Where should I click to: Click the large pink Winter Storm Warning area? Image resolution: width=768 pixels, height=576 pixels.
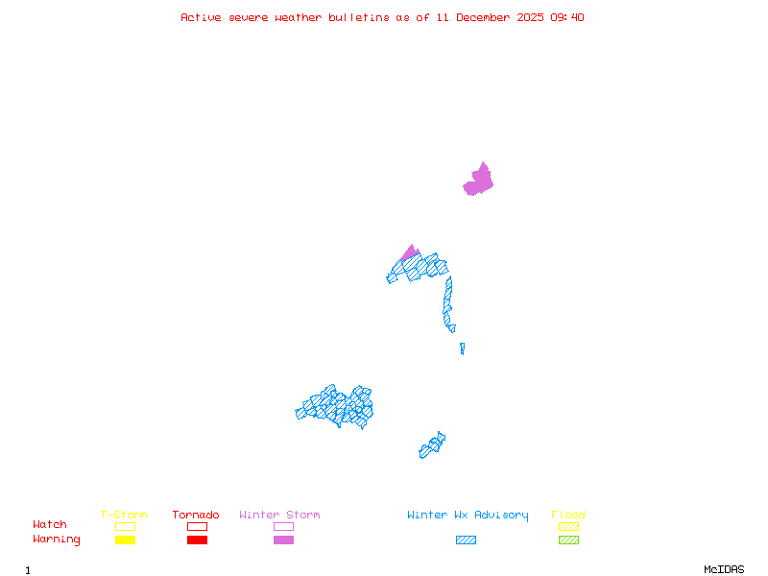coord(478,180)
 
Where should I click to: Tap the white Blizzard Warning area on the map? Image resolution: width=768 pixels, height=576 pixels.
coord(460,328)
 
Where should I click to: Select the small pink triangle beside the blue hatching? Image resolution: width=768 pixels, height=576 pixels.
coord(410,253)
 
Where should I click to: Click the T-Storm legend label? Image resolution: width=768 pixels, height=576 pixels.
coord(124,516)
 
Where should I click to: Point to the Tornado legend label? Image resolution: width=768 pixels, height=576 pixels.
coord(196,516)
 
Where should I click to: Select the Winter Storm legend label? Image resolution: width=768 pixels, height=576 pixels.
coord(279,516)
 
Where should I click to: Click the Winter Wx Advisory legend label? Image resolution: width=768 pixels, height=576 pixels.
coord(468,516)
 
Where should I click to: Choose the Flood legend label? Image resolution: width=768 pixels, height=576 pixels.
coord(568,516)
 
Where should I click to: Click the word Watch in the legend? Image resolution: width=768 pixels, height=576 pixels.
coord(50,525)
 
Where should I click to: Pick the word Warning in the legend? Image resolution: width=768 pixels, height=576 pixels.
coord(57,540)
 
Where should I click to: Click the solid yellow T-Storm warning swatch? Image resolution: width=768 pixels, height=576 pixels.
coord(125,540)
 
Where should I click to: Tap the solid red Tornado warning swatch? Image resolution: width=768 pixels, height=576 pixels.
coord(197,540)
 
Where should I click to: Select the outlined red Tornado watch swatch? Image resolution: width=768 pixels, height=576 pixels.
coord(197,526)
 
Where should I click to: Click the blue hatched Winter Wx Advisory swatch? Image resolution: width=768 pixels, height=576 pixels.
coord(466,540)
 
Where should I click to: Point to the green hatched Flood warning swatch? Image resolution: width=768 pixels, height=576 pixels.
coord(568,540)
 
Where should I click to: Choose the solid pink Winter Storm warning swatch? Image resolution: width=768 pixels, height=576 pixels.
coord(283,540)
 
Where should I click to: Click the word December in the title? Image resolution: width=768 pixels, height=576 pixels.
coord(488,17)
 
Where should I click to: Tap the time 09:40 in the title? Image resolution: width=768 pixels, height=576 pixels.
coord(568,17)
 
